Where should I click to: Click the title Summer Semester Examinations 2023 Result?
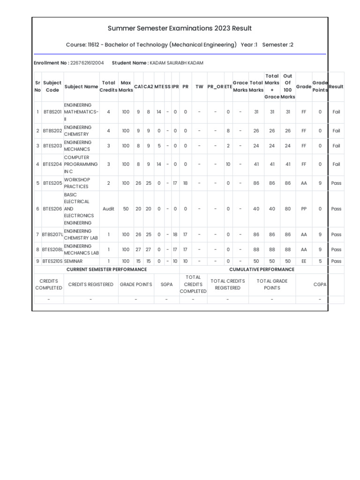[180, 29]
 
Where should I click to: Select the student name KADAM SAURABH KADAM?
[176, 63]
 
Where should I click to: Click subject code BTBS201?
[52, 112]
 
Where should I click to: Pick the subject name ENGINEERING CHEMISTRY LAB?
[81, 234]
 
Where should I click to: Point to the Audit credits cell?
[108, 209]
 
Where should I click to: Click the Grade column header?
[304, 87]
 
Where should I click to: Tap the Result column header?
[336, 87]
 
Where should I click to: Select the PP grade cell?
[304, 209]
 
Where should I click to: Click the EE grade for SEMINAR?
[304, 261]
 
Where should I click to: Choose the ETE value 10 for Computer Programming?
[228, 165]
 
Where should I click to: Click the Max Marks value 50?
[126, 209]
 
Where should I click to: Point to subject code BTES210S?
[52, 261]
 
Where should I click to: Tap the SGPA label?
[166, 285]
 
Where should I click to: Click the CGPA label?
[320, 285]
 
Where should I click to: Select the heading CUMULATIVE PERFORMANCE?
[262, 270]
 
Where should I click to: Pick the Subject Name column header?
[81, 87]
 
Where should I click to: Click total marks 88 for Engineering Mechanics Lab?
[256, 249]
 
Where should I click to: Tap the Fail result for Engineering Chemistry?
[336, 131]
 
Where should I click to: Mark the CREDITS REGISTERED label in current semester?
[91, 285]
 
